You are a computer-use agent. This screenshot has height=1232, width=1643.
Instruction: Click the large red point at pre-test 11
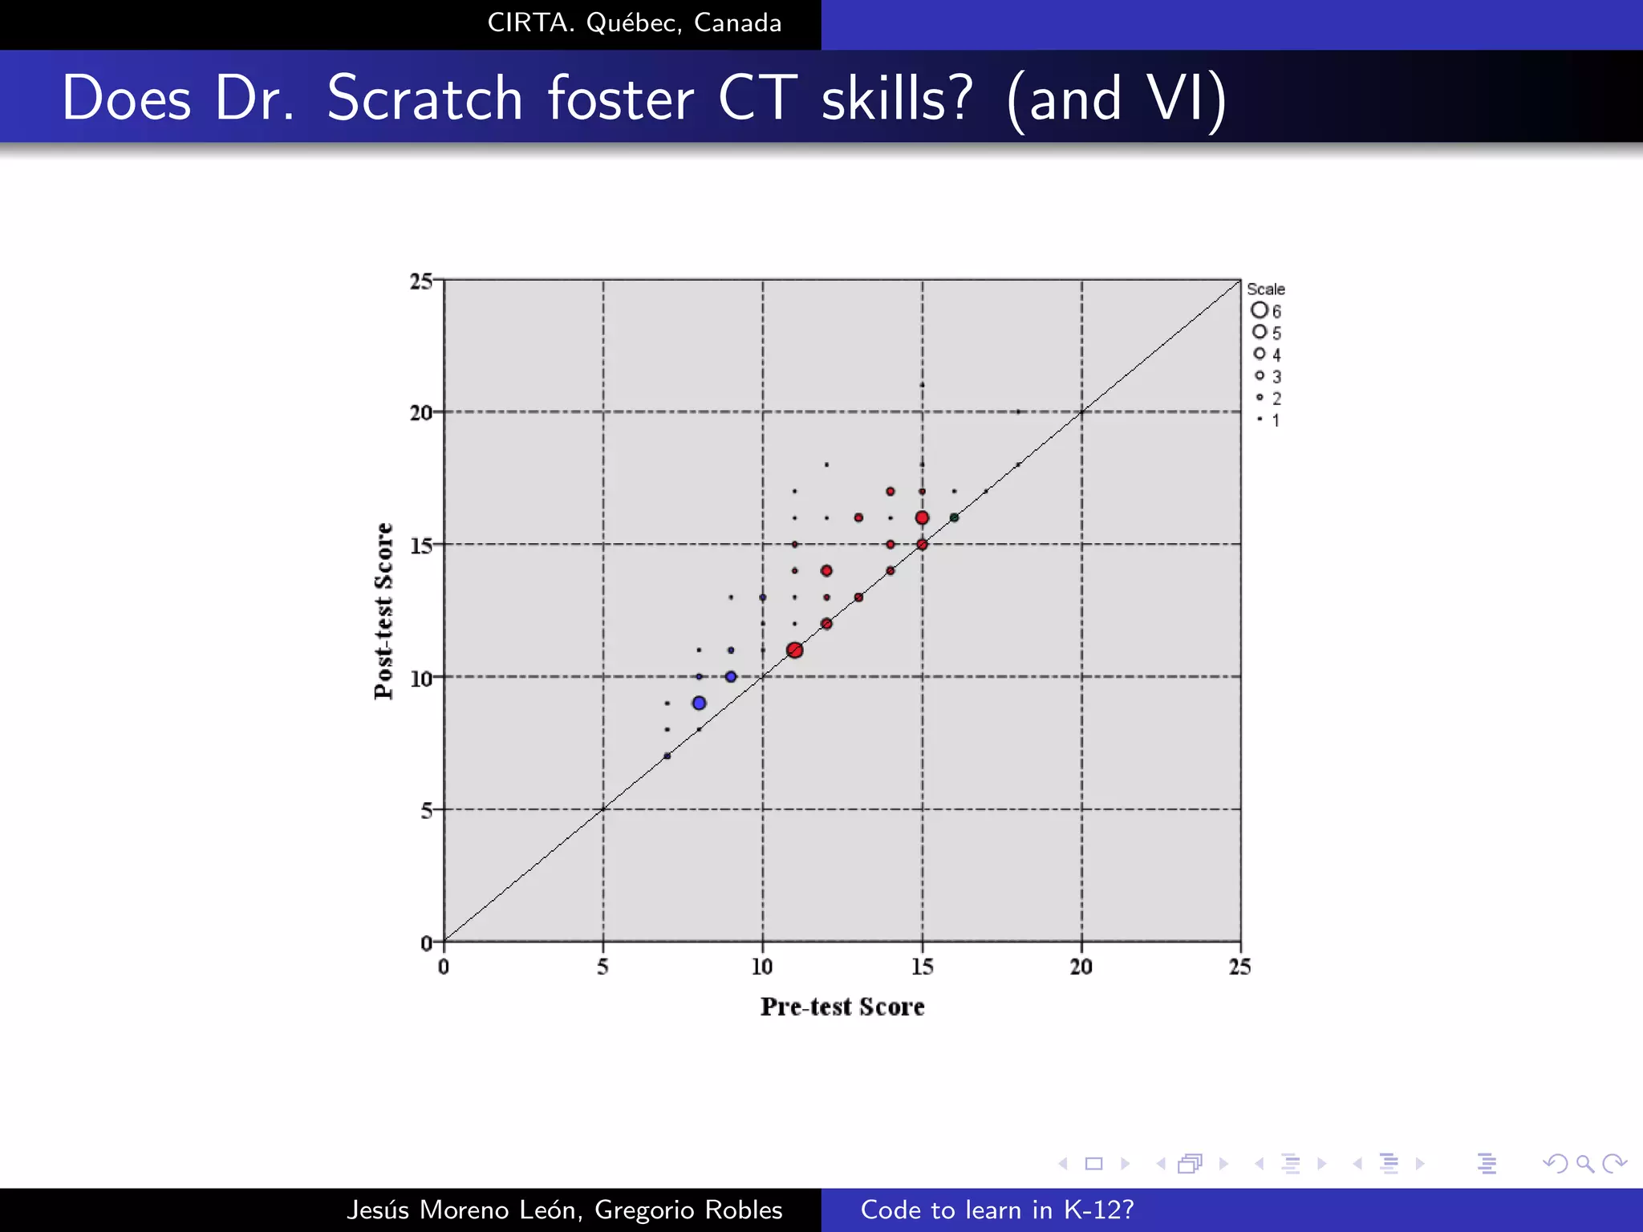(794, 650)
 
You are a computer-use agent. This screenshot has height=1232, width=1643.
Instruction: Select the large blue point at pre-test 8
(699, 703)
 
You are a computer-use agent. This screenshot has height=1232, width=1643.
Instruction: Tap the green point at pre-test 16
(954, 517)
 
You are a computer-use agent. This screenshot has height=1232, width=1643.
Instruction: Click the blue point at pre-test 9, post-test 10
(731, 676)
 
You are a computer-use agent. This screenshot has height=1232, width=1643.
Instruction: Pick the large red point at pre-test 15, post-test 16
(922, 517)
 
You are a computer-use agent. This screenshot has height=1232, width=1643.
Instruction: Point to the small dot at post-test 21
(922, 385)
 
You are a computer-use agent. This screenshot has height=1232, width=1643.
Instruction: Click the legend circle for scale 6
(1260, 310)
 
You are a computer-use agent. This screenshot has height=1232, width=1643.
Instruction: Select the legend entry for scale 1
(1268, 419)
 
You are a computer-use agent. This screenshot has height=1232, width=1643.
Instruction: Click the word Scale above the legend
(1265, 289)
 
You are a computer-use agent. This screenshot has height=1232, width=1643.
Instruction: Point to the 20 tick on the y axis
(421, 413)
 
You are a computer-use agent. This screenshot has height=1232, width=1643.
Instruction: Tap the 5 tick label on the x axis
(602, 967)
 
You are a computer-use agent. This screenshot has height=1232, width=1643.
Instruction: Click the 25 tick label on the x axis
(1239, 967)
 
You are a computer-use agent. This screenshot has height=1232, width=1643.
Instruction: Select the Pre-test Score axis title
(842, 1007)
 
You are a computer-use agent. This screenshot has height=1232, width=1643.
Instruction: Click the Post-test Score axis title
(384, 610)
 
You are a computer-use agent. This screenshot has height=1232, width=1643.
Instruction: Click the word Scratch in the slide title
(425, 98)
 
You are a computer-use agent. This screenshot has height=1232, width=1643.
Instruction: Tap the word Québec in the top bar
(634, 23)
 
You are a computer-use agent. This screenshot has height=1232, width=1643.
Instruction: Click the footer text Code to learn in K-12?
(997, 1210)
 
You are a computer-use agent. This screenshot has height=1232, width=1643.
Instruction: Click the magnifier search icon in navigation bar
(1584, 1163)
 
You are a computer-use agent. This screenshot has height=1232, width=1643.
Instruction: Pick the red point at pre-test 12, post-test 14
(826, 570)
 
